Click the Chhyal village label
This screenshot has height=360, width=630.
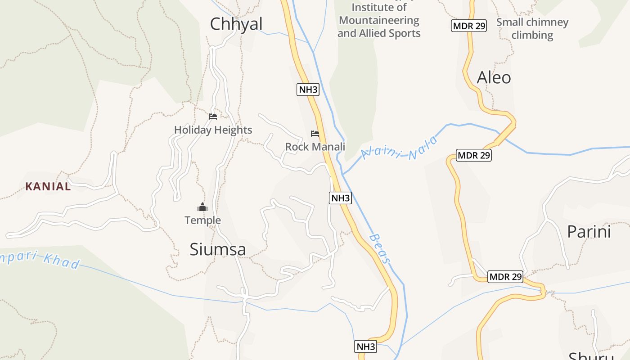236,24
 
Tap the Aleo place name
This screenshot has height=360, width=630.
494,78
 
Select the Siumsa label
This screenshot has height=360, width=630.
217,249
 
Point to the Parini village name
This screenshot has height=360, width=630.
589,232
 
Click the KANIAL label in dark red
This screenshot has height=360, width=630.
48,187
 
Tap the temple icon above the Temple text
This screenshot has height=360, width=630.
202,207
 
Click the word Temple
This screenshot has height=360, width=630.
202,220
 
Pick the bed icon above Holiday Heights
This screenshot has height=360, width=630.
213,117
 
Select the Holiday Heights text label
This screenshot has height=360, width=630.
213,130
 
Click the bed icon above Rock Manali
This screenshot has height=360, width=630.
315,134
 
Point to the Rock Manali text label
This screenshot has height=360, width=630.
315,147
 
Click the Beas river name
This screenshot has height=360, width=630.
380,248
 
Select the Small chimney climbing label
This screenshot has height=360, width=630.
532,28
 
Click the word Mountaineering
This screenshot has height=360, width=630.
379,21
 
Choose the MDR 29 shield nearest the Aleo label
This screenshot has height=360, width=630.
469,26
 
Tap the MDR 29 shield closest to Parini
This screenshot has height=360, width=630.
505,276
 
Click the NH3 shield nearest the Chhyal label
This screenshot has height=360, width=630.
308,90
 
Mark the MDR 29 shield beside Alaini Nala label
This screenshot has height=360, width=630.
473,156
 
